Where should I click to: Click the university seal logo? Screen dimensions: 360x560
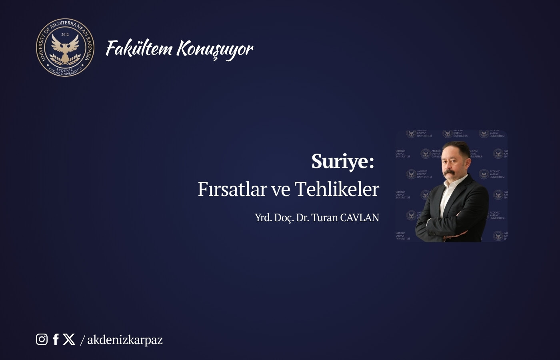[65, 48]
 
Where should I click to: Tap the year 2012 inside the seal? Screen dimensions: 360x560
[65, 35]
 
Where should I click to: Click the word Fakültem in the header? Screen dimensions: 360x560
[139, 48]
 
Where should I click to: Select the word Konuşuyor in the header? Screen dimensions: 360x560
[215, 49]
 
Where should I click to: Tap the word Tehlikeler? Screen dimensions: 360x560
[337, 189]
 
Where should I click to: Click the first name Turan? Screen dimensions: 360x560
[324, 218]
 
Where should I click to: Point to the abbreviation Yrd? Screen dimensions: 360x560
[263, 218]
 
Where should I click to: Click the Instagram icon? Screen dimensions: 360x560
[42, 339]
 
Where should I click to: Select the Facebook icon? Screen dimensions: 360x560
[56, 339]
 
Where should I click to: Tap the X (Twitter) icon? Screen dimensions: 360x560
[69, 339]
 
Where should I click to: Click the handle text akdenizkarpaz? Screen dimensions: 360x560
[125, 340]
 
